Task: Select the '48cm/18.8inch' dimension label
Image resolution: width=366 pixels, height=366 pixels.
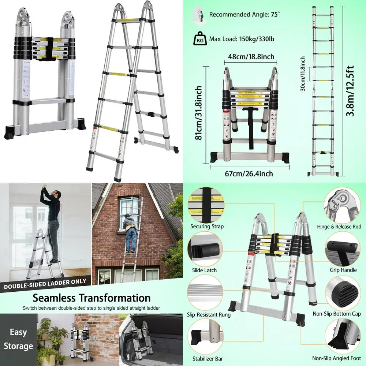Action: click(x=249, y=57)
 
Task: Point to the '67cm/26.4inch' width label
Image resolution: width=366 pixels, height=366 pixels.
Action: click(x=249, y=173)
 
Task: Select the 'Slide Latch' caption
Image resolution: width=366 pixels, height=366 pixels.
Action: click(x=204, y=270)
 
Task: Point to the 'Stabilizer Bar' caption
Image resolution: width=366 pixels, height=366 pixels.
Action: click(x=208, y=359)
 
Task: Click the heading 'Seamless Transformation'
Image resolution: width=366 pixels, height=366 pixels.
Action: click(x=91, y=298)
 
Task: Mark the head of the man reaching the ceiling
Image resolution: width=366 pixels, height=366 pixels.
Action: click(x=54, y=193)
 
